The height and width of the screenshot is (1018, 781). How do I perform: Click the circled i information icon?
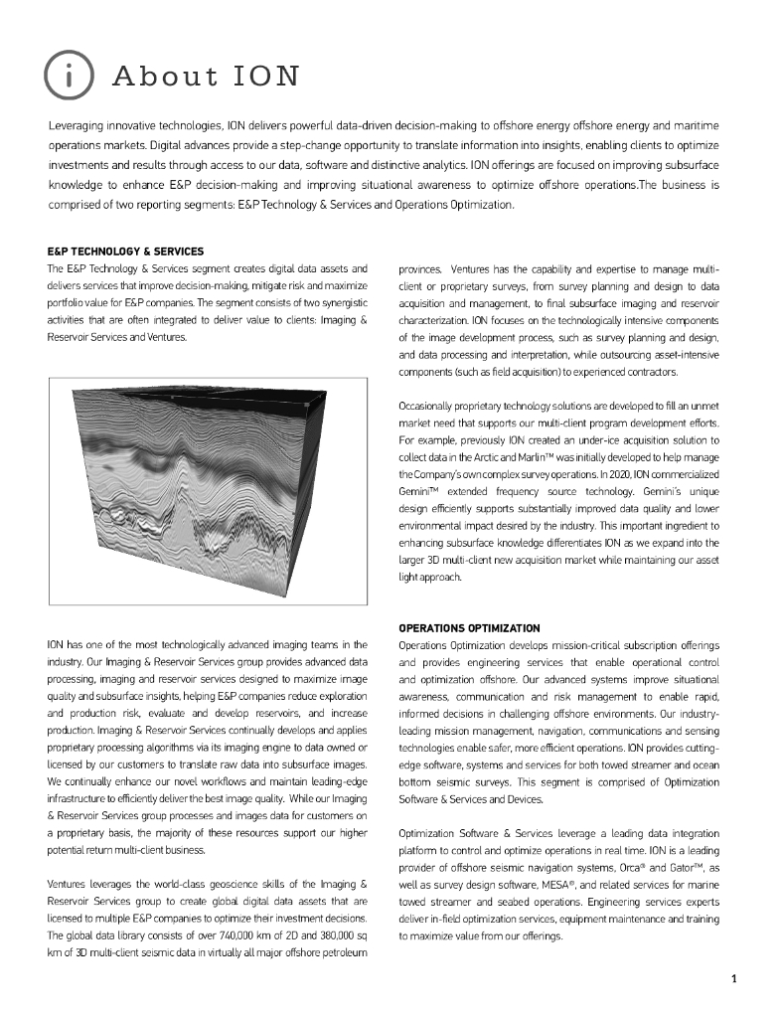[69, 76]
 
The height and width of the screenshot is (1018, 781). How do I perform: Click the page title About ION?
[206, 77]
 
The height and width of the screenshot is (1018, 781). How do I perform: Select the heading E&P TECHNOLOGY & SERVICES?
[125, 252]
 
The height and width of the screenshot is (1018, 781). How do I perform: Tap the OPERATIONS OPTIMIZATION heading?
[469, 628]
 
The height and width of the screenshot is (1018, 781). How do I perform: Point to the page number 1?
[733, 979]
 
